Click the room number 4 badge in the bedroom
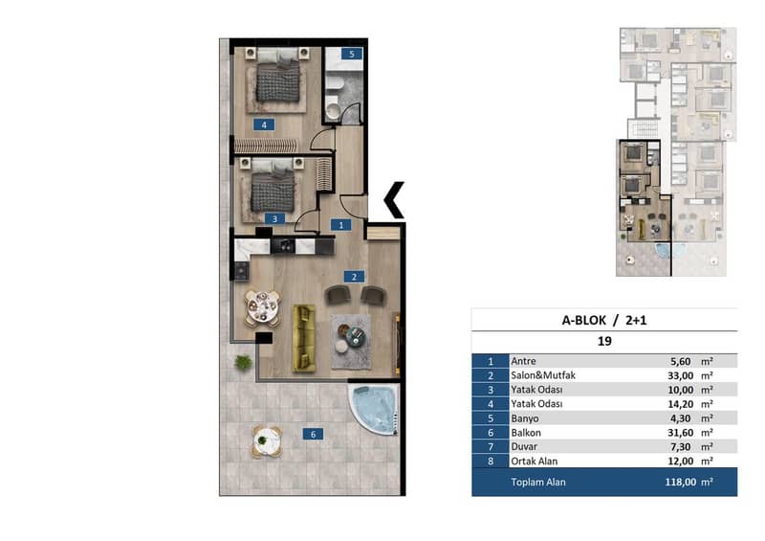(x=264, y=124)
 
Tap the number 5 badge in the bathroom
(x=352, y=54)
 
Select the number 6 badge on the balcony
(x=313, y=434)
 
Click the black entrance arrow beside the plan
(x=394, y=200)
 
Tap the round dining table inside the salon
(x=262, y=308)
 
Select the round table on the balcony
(x=267, y=441)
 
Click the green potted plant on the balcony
(x=243, y=362)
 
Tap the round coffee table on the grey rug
(x=355, y=337)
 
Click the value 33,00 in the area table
(x=680, y=375)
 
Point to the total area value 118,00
(x=680, y=482)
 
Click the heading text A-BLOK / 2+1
(x=604, y=320)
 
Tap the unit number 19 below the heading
(x=604, y=341)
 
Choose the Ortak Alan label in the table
(x=534, y=461)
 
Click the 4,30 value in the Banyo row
(x=682, y=418)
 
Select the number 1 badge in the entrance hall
(x=340, y=225)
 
